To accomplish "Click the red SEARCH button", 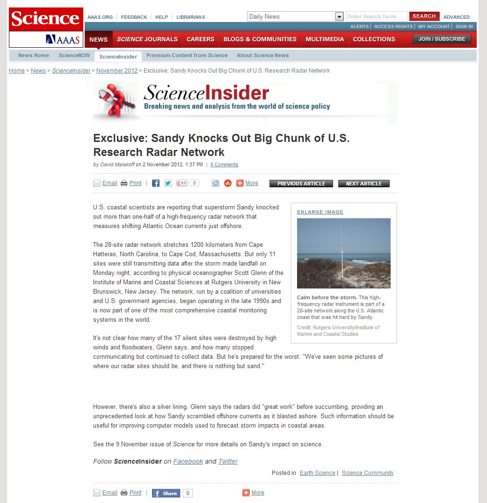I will [x=424, y=16].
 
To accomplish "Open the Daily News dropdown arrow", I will [x=340, y=17].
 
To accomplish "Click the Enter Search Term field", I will [x=377, y=16].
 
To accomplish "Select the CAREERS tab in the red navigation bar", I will [x=200, y=39].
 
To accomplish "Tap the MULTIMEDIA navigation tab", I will [x=325, y=39].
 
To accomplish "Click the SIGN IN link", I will [x=464, y=27].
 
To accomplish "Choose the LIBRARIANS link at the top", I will [x=190, y=17].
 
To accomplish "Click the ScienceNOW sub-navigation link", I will [x=74, y=55].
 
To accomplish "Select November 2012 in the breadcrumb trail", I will [x=117, y=71].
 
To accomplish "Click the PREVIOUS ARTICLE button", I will [x=301, y=184].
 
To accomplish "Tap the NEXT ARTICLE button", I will [x=363, y=184].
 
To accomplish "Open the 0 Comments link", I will [x=224, y=165].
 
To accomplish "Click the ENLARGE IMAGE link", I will [x=320, y=212].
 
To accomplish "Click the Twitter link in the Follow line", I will [x=228, y=461].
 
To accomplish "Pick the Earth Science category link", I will [x=318, y=473].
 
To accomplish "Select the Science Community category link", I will [x=368, y=473].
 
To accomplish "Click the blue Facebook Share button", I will [x=166, y=493].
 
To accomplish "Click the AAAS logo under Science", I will [x=64, y=39].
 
